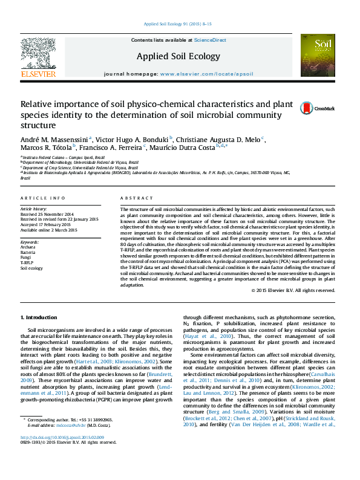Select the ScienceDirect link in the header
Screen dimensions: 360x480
[x=210, y=40]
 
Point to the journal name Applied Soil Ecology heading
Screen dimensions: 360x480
[x=178, y=56]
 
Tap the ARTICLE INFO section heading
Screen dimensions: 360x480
[x=43, y=198]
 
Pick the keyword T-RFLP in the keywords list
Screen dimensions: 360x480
[x=27, y=263]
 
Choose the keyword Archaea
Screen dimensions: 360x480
[x=28, y=247]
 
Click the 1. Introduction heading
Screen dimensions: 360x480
[x=39, y=317]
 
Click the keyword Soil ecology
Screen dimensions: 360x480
[x=31, y=268]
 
